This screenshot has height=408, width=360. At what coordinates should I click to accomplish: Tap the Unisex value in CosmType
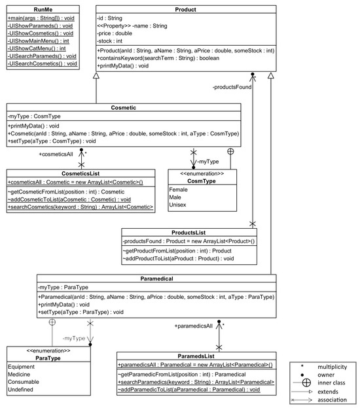tap(179, 205)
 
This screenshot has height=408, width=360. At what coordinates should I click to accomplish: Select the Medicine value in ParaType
tap(22, 375)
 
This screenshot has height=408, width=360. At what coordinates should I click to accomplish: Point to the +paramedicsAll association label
tap(193, 324)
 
